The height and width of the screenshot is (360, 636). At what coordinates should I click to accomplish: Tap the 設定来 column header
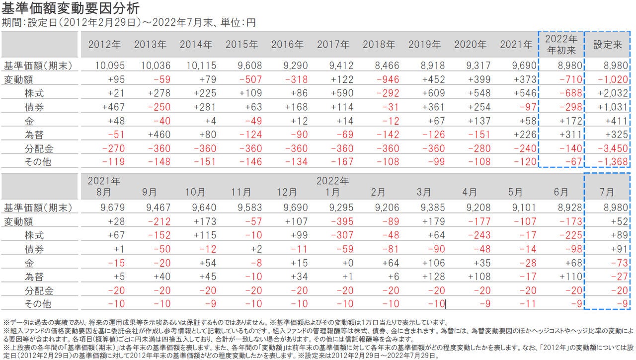click(608, 45)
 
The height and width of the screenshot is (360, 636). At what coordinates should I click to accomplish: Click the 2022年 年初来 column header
click(561, 44)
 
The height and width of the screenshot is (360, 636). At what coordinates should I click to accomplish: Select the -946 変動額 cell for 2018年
click(383, 79)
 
